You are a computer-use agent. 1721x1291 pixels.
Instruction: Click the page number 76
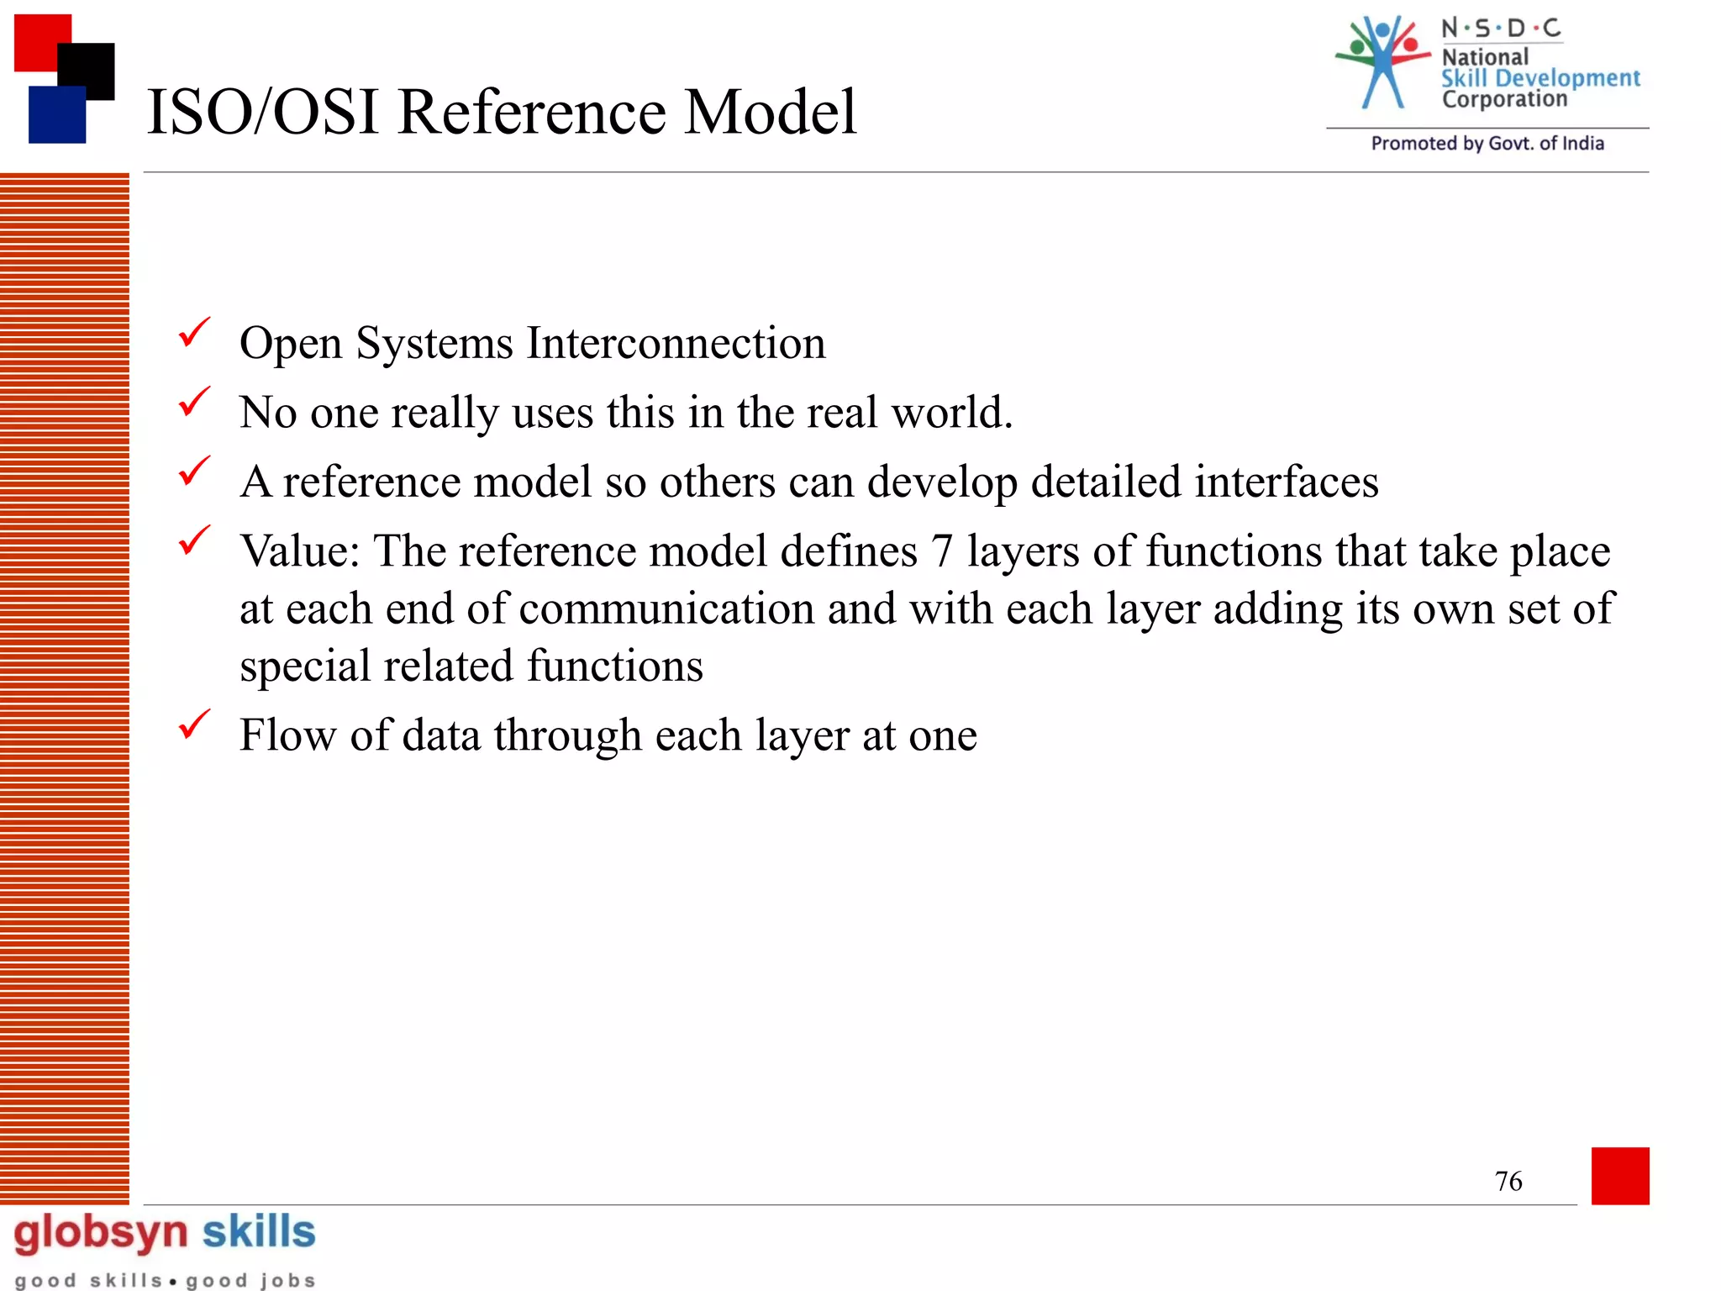coord(1508,1181)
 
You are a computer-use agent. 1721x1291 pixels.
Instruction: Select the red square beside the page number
coord(1620,1176)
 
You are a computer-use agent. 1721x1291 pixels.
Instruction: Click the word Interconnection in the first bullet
coord(676,343)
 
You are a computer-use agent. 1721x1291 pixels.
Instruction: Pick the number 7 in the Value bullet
coord(942,552)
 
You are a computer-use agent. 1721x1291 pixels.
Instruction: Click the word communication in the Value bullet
coord(667,609)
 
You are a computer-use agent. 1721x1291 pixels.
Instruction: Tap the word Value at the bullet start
coord(299,552)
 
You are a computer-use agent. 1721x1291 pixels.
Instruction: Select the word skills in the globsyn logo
coord(259,1232)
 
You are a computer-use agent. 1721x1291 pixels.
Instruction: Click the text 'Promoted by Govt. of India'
coord(1487,144)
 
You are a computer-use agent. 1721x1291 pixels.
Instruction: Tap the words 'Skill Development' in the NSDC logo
coord(1540,78)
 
